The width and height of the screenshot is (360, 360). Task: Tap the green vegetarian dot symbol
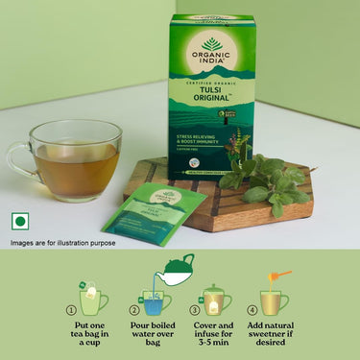point(18,222)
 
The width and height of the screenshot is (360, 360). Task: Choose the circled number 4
point(252,310)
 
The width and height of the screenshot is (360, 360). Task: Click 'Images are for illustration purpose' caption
point(63,243)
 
